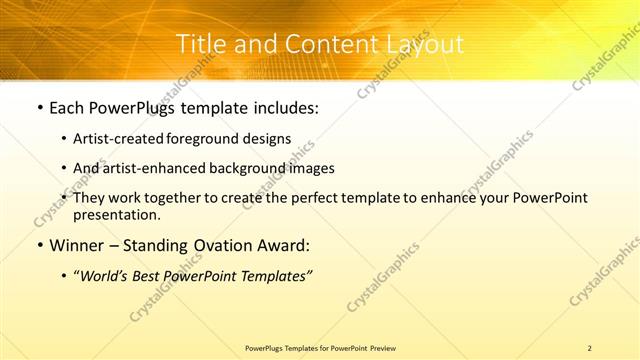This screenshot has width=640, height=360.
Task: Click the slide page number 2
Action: pos(590,347)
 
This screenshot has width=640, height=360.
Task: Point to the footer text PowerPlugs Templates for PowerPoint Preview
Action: pos(320,347)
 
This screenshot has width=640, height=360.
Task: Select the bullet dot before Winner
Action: pos(38,245)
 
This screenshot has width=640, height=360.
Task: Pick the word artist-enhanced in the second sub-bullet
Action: pos(145,169)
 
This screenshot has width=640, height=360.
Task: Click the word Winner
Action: pos(77,245)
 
